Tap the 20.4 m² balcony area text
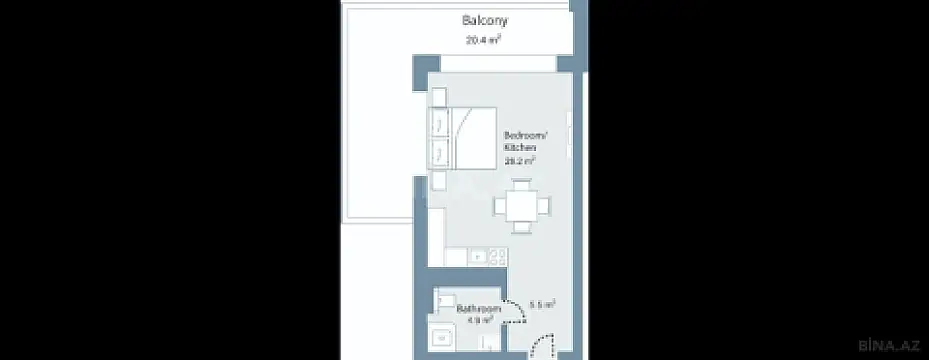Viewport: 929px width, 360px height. coord(482,41)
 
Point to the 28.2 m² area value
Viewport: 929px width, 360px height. coord(519,159)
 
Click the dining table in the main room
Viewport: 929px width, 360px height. coord(520,206)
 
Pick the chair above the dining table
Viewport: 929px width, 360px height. coord(520,184)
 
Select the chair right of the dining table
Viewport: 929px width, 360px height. coord(545,206)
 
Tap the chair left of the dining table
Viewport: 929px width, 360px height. coord(497,206)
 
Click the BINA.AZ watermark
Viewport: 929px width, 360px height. coord(893,346)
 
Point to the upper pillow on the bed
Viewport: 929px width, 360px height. coord(440,124)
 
